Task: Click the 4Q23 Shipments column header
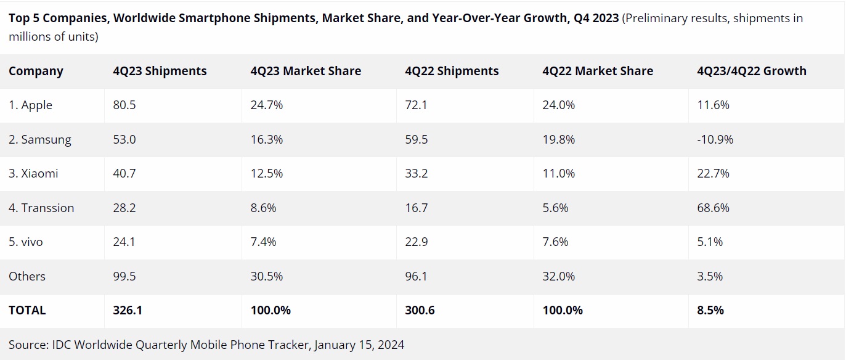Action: click(160, 71)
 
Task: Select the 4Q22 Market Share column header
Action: click(598, 71)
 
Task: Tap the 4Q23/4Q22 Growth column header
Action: click(752, 71)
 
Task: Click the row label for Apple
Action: click(30, 105)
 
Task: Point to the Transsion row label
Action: click(41, 208)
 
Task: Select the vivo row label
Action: click(26, 242)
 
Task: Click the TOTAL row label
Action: click(27, 310)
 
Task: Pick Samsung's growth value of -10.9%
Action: click(715, 139)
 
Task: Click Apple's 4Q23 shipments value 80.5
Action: click(124, 105)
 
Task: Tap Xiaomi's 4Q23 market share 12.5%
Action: click(267, 173)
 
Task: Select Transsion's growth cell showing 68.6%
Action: click(713, 208)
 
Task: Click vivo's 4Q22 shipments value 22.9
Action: click(416, 242)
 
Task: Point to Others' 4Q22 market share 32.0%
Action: click(559, 276)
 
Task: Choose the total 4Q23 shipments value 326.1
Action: click(128, 310)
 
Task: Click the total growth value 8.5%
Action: click(710, 310)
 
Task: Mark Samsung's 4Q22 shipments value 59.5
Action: click(416, 139)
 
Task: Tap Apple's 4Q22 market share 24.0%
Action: click(559, 105)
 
